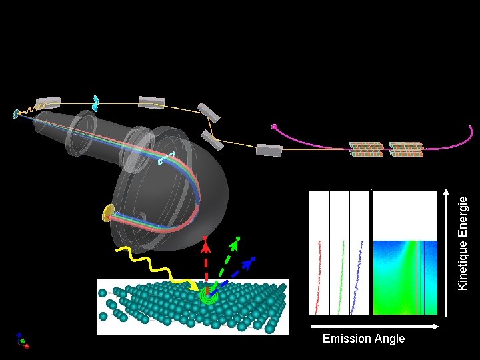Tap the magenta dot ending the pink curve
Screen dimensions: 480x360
point(273,127)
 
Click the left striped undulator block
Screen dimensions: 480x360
point(366,149)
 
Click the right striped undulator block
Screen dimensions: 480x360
point(405,149)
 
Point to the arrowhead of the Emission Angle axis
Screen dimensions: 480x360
point(438,327)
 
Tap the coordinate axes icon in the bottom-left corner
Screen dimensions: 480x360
point(22,341)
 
